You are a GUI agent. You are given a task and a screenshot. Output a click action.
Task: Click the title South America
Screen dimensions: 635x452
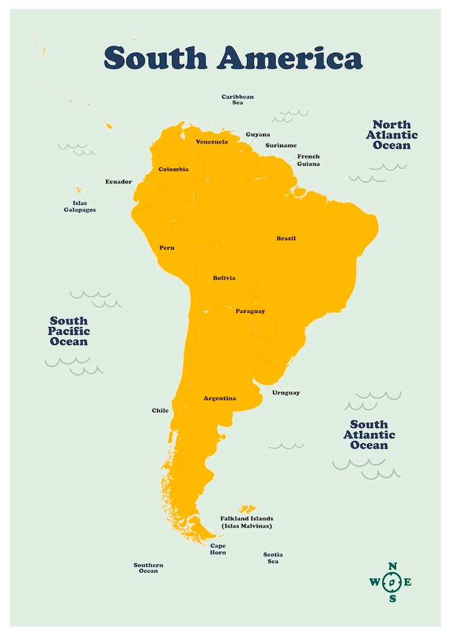click(233, 58)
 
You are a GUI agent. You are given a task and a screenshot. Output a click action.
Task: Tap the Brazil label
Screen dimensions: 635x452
click(286, 239)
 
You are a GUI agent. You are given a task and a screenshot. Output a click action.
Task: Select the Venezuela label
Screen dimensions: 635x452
click(211, 142)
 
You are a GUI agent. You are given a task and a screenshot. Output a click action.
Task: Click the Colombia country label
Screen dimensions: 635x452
click(173, 169)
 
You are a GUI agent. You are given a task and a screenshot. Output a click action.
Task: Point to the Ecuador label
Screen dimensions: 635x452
click(118, 182)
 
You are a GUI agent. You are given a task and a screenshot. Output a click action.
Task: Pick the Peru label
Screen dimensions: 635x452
click(166, 248)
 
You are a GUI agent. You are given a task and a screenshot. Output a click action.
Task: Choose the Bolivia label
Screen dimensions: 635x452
click(223, 278)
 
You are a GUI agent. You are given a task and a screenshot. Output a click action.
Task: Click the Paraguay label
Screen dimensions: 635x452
click(250, 311)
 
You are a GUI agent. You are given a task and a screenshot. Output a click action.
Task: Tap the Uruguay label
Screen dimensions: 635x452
click(286, 392)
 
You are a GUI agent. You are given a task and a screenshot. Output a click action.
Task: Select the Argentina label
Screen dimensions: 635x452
click(219, 398)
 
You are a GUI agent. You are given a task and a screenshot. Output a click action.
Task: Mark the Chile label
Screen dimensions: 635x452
click(160, 410)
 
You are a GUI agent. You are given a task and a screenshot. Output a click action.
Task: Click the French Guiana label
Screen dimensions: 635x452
click(309, 160)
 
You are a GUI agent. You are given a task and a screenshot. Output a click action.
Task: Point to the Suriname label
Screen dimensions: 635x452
click(281, 145)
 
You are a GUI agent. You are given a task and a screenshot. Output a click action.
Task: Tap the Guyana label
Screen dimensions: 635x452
click(258, 135)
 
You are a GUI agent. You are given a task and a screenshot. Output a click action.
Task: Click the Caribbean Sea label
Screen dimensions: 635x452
click(237, 100)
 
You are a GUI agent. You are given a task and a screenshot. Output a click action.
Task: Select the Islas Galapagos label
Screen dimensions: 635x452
click(79, 206)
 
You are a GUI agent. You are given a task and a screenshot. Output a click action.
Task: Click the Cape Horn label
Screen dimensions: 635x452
click(218, 549)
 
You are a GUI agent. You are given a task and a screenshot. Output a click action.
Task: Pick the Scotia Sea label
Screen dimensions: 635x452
click(273, 558)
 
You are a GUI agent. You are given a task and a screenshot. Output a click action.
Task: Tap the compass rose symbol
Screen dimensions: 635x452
click(392, 582)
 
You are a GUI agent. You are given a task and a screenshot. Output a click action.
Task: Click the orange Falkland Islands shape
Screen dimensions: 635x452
click(246, 509)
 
